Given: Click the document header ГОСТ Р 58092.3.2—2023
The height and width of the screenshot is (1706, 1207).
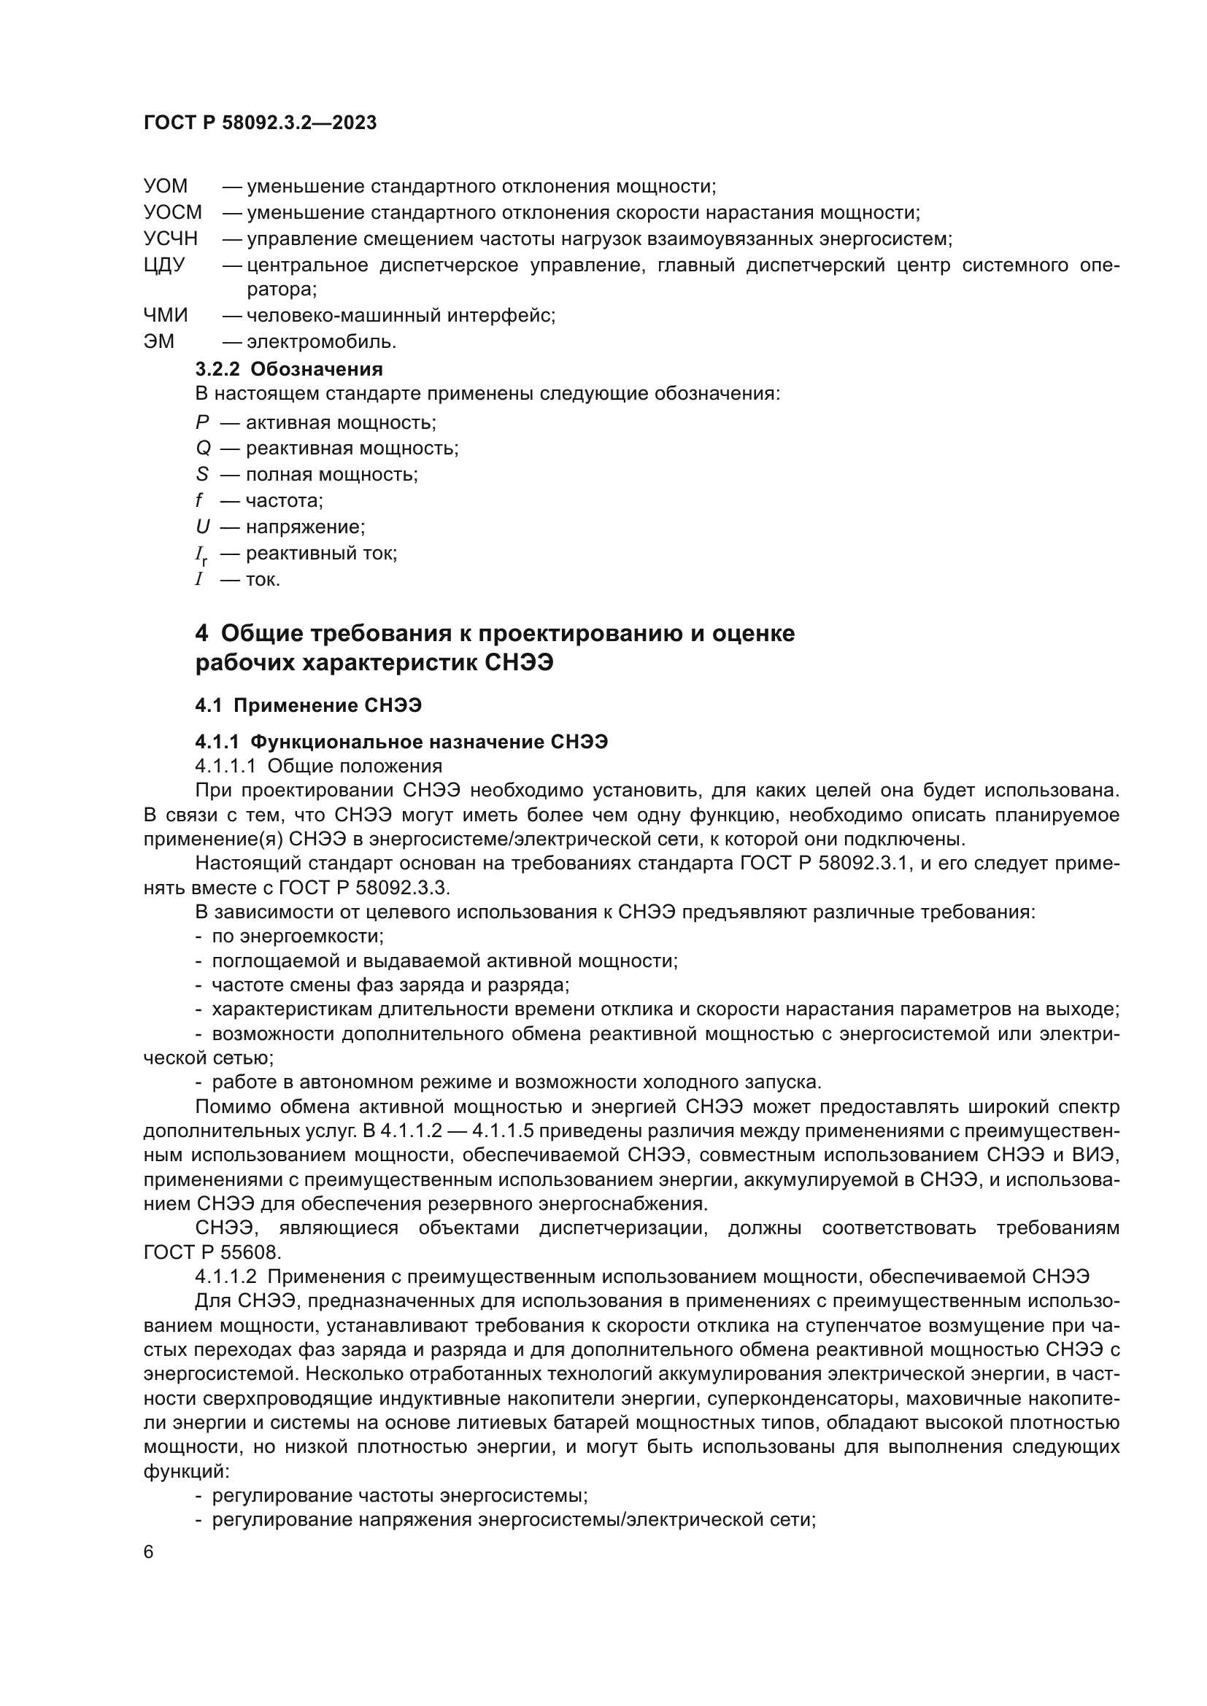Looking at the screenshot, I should [260, 123].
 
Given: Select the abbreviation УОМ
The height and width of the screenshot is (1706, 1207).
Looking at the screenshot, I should [166, 186].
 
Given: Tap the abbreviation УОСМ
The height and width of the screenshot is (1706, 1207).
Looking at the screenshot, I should [172, 212].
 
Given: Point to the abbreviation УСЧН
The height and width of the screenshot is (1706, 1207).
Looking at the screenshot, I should [171, 239].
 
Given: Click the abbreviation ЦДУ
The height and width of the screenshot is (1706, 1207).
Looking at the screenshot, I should [164, 265].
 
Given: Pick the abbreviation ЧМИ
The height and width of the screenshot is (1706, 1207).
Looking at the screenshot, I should [166, 315].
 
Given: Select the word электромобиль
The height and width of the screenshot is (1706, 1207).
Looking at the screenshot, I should [321, 342].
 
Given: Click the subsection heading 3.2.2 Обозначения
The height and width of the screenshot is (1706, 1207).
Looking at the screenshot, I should [289, 368].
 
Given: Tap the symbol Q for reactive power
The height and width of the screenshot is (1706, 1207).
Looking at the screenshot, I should [203, 448].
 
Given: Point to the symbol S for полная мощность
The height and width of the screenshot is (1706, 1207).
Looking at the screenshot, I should [202, 474].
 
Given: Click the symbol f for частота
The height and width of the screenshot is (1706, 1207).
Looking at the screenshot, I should [199, 501].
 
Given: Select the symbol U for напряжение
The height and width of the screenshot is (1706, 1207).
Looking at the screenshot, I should [203, 527].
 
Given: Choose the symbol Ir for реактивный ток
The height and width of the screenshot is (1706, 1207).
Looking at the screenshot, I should [201, 554].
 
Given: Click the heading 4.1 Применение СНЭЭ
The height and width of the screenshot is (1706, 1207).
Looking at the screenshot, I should [309, 705].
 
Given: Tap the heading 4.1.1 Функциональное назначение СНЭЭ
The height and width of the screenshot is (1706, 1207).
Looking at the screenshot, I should [401, 742].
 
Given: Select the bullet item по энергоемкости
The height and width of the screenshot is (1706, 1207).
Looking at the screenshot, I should [297, 937].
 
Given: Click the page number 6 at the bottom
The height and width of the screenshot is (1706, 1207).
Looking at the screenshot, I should [149, 1553].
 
